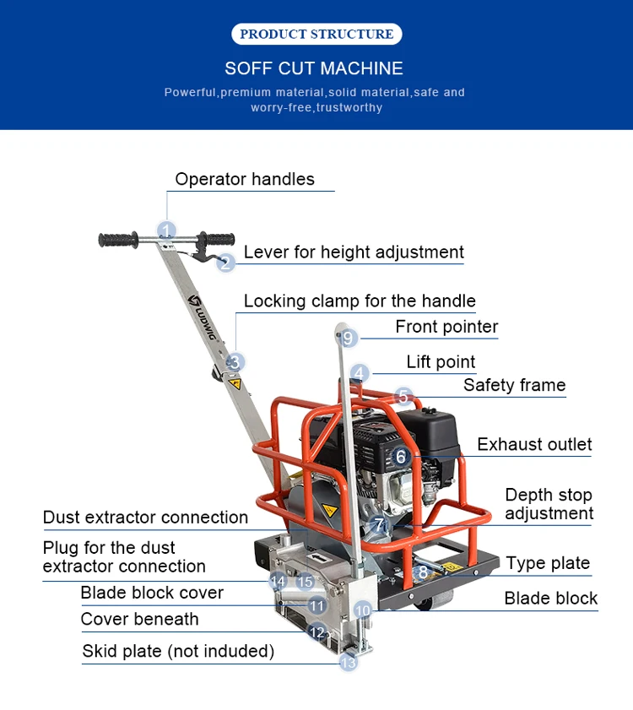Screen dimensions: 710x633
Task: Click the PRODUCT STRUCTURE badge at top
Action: tap(316, 34)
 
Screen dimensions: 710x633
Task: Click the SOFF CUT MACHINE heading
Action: tap(314, 68)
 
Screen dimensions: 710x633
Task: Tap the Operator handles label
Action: tap(245, 179)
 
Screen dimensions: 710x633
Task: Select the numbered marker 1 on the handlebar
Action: tap(167, 230)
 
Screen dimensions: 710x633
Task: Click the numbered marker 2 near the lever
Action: tap(225, 263)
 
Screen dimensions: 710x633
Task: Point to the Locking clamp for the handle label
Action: tap(360, 301)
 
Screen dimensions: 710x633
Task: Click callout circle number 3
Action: tap(236, 362)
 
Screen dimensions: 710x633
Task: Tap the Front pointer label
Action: tap(446, 327)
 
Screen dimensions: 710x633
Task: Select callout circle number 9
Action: tap(349, 339)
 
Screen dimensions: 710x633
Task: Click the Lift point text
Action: tap(441, 361)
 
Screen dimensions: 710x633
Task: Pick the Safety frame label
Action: tap(514, 385)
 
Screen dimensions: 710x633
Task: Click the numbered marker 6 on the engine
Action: tap(401, 457)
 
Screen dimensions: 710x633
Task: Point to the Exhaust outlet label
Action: tap(534, 444)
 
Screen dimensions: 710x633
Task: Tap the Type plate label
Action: tap(548, 563)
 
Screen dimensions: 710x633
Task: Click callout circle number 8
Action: tap(423, 572)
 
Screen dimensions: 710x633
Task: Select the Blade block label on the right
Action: tap(550, 599)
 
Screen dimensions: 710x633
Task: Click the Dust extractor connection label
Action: tap(145, 518)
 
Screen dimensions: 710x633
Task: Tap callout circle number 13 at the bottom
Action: tap(349, 663)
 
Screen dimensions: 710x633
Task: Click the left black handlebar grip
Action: tap(117, 241)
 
